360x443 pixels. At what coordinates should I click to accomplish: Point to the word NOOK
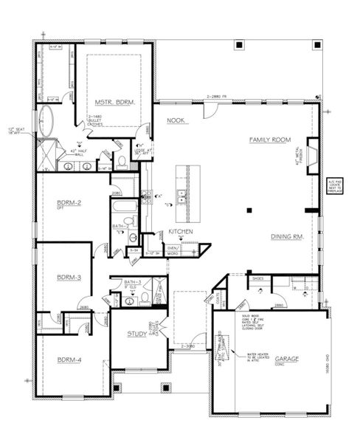point(176,120)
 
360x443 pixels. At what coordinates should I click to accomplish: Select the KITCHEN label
point(180,231)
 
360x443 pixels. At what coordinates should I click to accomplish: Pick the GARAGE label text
point(287,359)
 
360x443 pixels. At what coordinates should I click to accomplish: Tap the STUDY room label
point(136,334)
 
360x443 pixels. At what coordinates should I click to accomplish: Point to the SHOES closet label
point(258,279)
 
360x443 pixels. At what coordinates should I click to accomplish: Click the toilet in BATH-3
point(145,298)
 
